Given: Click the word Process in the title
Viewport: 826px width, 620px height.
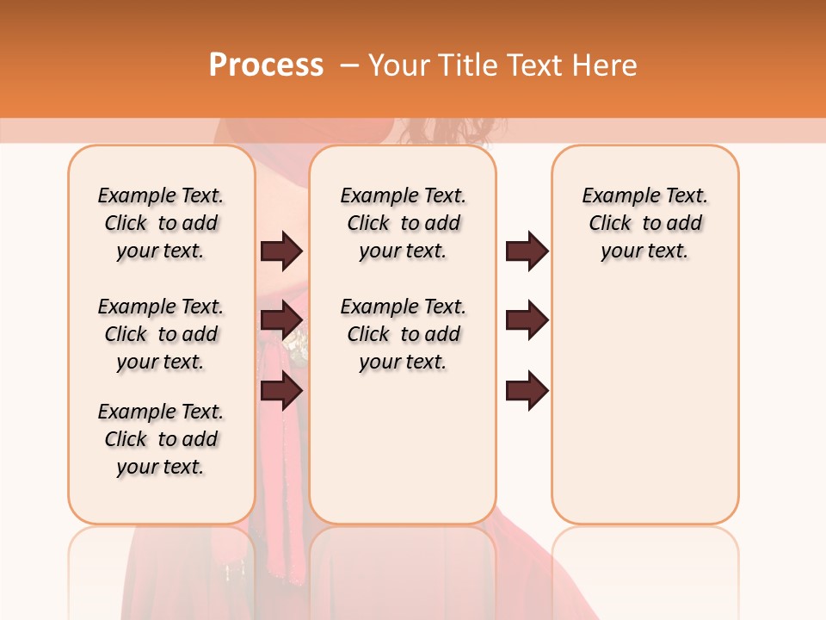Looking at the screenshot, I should [266, 65].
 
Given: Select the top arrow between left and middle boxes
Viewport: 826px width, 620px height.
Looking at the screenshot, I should [281, 251].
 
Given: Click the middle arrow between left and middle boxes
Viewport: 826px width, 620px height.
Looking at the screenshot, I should [281, 321].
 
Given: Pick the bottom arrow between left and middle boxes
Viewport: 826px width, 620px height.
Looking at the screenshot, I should [281, 392].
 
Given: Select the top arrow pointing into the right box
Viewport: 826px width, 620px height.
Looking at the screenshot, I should [527, 251].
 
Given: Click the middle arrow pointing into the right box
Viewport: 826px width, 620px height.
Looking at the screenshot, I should [527, 321].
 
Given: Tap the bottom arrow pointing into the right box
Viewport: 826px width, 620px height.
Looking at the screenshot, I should [527, 392].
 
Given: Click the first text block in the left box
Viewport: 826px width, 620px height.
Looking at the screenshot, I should [161, 224].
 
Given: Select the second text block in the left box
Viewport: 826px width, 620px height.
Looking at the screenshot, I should [161, 334].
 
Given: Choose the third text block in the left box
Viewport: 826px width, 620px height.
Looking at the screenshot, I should [161, 439].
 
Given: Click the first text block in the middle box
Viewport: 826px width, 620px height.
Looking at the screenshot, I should [403, 224].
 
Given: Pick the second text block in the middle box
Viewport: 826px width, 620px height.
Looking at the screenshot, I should [403, 334].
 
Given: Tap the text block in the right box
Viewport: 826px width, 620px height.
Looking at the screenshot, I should [644, 224].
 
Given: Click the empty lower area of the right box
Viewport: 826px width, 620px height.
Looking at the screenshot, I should [644, 405].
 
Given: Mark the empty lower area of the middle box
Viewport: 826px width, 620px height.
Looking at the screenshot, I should [403, 448].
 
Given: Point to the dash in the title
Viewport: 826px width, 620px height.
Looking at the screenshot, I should [349, 65].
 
